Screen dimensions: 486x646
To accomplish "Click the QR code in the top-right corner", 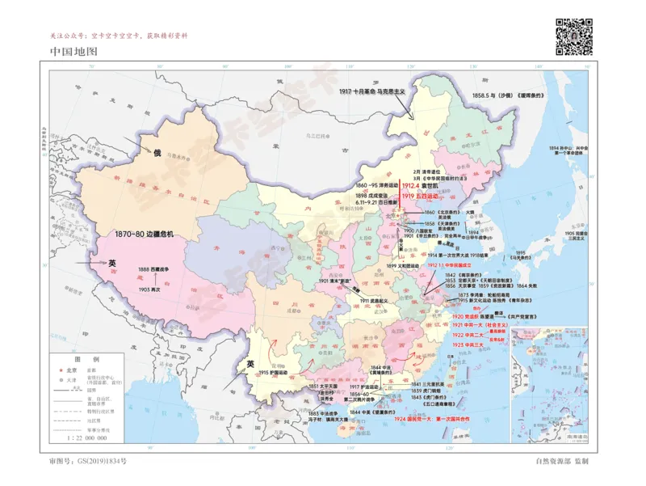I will tap(573, 35).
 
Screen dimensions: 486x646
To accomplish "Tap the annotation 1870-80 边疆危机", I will tap(144, 235).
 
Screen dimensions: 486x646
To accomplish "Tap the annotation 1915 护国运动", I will tap(274, 373).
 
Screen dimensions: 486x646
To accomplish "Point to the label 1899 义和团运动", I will tap(402, 265).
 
